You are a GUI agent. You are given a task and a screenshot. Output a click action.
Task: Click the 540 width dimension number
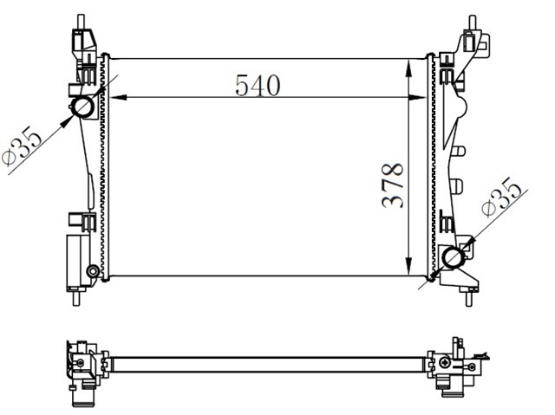[x=258, y=85]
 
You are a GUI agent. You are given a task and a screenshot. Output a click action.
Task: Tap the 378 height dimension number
[x=392, y=185]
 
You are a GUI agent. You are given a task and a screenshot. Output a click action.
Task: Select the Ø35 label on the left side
[x=22, y=146]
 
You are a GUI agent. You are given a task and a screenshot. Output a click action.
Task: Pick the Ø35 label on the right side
[x=502, y=197]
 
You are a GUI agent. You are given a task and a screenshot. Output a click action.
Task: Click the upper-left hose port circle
[x=83, y=107]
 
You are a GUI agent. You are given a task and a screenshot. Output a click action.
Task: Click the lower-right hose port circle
[x=454, y=257]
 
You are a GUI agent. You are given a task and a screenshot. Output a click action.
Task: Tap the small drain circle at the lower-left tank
[x=93, y=271]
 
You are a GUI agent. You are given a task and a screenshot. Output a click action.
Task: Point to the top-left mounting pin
[x=81, y=22]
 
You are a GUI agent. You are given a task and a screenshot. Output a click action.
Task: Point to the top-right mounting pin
[x=472, y=23]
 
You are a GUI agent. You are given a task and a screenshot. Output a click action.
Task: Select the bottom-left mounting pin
[x=77, y=298]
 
